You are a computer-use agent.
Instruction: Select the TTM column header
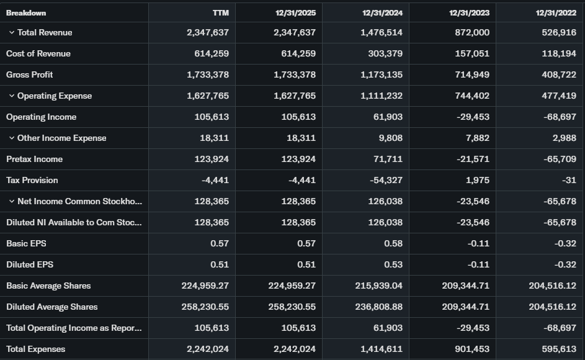(x=220, y=12)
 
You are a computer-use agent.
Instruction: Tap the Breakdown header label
(x=26, y=12)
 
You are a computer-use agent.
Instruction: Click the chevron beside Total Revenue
(x=12, y=32)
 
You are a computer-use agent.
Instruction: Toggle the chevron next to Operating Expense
(x=12, y=96)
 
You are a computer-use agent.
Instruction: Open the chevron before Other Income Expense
(x=12, y=138)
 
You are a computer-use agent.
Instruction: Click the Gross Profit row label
(x=29, y=74)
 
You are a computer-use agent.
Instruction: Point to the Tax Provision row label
(x=32, y=180)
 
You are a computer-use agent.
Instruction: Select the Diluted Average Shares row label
(x=51, y=307)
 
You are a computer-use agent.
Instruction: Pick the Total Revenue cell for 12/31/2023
(x=472, y=32)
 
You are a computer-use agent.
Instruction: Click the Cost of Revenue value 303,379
(x=385, y=53)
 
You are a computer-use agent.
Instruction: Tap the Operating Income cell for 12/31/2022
(x=559, y=117)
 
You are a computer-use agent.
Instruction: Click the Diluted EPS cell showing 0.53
(x=393, y=264)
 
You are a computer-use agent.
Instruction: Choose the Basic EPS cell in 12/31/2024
(x=393, y=243)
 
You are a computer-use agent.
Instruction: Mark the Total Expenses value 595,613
(x=559, y=349)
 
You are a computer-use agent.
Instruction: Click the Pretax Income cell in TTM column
(x=212, y=159)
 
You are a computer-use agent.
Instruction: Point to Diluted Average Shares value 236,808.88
(x=377, y=307)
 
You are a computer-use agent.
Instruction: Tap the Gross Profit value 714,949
(x=472, y=74)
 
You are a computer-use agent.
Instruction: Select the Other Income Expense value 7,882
(x=477, y=138)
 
